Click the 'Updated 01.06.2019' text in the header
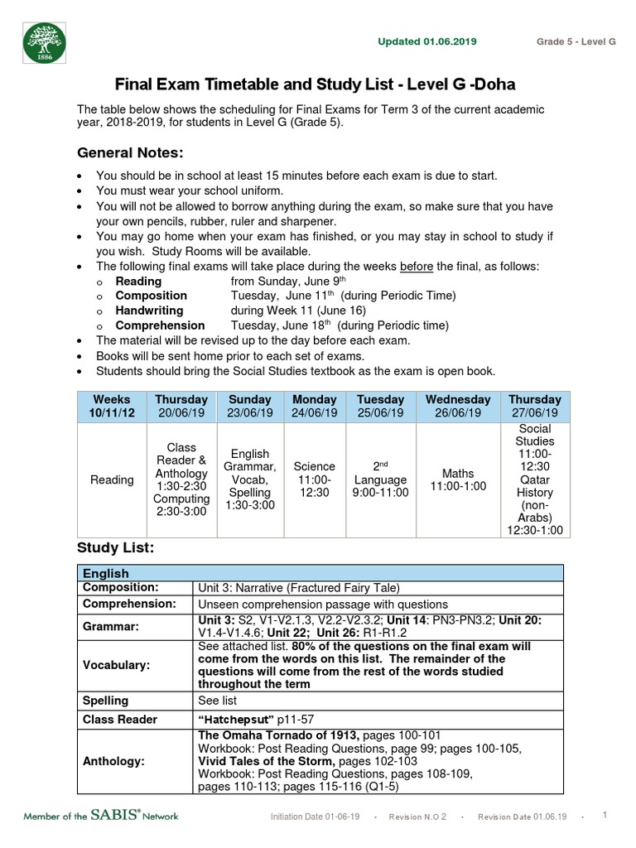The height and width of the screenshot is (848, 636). pyautogui.click(x=426, y=41)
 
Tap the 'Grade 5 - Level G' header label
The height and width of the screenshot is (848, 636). pyautogui.click(x=576, y=41)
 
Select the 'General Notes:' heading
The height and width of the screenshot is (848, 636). pyautogui.click(x=129, y=152)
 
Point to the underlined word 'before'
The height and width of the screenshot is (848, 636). pyautogui.click(x=417, y=266)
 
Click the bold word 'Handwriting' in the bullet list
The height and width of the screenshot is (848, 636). pyautogui.click(x=150, y=311)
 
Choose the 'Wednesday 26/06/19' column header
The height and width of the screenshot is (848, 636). pyautogui.click(x=457, y=406)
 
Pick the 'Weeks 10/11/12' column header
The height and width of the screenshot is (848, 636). pyautogui.click(x=112, y=406)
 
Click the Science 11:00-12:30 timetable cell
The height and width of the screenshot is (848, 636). pyautogui.click(x=315, y=479)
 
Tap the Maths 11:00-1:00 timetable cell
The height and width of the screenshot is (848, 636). pyautogui.click(x=457, y=479)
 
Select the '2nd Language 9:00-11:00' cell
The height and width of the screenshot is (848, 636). pyautogui.click(x=381, y=479)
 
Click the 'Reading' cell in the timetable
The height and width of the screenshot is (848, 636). pyautogui.click(x=112, y=479)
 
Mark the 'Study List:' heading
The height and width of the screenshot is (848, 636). pyautogui.click(x=115, y=547)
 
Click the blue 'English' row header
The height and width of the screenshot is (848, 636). pyautogui.click(x=106, y=573)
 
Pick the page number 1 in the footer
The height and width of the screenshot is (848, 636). pyautogui.click(x=605, y=815)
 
